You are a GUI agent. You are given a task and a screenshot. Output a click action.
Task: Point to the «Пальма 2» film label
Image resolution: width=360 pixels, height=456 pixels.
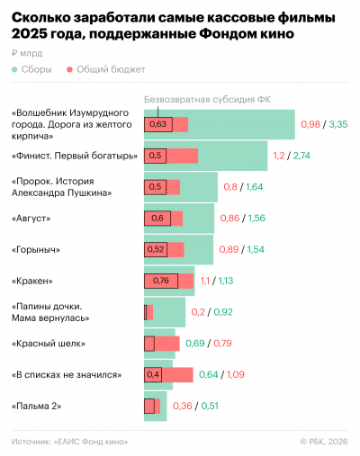[37, 406]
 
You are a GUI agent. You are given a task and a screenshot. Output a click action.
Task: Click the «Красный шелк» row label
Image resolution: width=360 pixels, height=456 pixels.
[49, 343]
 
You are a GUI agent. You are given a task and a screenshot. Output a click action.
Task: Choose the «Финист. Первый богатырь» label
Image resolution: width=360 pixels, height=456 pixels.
[75, 156]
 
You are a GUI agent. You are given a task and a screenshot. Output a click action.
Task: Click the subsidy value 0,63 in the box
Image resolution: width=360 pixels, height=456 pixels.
[157, 124]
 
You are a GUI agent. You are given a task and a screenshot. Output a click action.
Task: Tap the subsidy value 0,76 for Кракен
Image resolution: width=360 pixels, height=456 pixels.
[161, 281]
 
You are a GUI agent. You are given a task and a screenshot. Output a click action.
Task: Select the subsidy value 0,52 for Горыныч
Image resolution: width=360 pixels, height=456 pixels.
[157, 249]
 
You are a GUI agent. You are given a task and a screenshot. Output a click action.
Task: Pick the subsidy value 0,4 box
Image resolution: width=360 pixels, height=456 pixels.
[153, 374]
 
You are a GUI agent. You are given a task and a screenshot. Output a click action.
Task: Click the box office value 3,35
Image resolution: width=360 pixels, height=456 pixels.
[338, 123]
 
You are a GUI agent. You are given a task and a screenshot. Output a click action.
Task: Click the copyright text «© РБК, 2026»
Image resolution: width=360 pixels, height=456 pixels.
[324, 441]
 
